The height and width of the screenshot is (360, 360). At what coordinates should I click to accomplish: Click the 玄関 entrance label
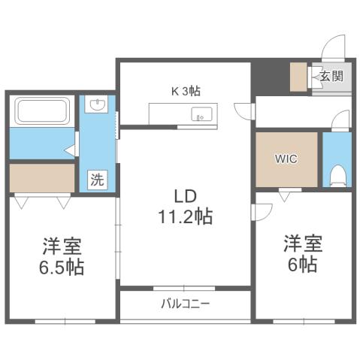(x=331, y=75)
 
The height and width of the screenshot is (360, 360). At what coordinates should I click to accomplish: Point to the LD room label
(x=185, y=196)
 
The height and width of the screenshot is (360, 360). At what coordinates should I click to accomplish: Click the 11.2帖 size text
(x=185, y=218)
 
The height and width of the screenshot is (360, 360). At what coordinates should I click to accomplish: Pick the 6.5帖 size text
(x=62, y=267)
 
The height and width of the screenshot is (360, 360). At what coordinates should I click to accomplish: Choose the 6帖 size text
(x=302, y=265)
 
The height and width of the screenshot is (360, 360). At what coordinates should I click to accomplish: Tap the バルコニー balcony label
(x=185, y=304)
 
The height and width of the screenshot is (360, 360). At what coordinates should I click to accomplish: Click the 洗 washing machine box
(x=97, y=180)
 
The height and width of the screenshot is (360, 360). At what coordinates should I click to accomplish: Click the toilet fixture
(x=337, y=173)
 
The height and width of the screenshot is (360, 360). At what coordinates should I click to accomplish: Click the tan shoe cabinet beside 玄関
(x=299, y=77)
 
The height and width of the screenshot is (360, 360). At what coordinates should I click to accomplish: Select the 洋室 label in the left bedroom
(x=62, y=246)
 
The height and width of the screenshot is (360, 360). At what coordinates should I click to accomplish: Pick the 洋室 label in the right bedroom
(x=302, y=244)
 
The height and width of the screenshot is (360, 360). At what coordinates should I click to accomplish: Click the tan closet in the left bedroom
(x=42, y=178)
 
